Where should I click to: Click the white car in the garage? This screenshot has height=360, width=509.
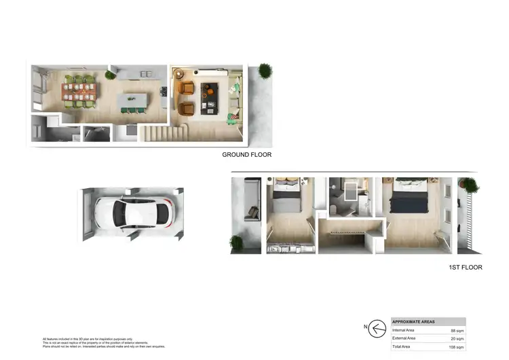coord(132,213)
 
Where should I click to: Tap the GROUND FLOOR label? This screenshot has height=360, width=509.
coord(246,155)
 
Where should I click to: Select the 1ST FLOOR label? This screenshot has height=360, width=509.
coord(465,268)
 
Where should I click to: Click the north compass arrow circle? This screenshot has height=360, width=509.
coord(378,328)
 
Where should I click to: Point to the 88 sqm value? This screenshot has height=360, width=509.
coord(457,330)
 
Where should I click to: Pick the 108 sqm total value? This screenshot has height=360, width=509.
coord(456,346)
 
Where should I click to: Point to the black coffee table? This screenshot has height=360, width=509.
coord(210,97)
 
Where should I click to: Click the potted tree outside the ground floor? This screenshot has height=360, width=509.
coord(265,71)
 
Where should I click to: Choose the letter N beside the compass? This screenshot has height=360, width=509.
coord(365,328)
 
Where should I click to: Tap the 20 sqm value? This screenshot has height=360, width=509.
coord(457,338)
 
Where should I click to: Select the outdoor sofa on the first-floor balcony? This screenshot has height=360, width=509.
coord(252,200)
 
